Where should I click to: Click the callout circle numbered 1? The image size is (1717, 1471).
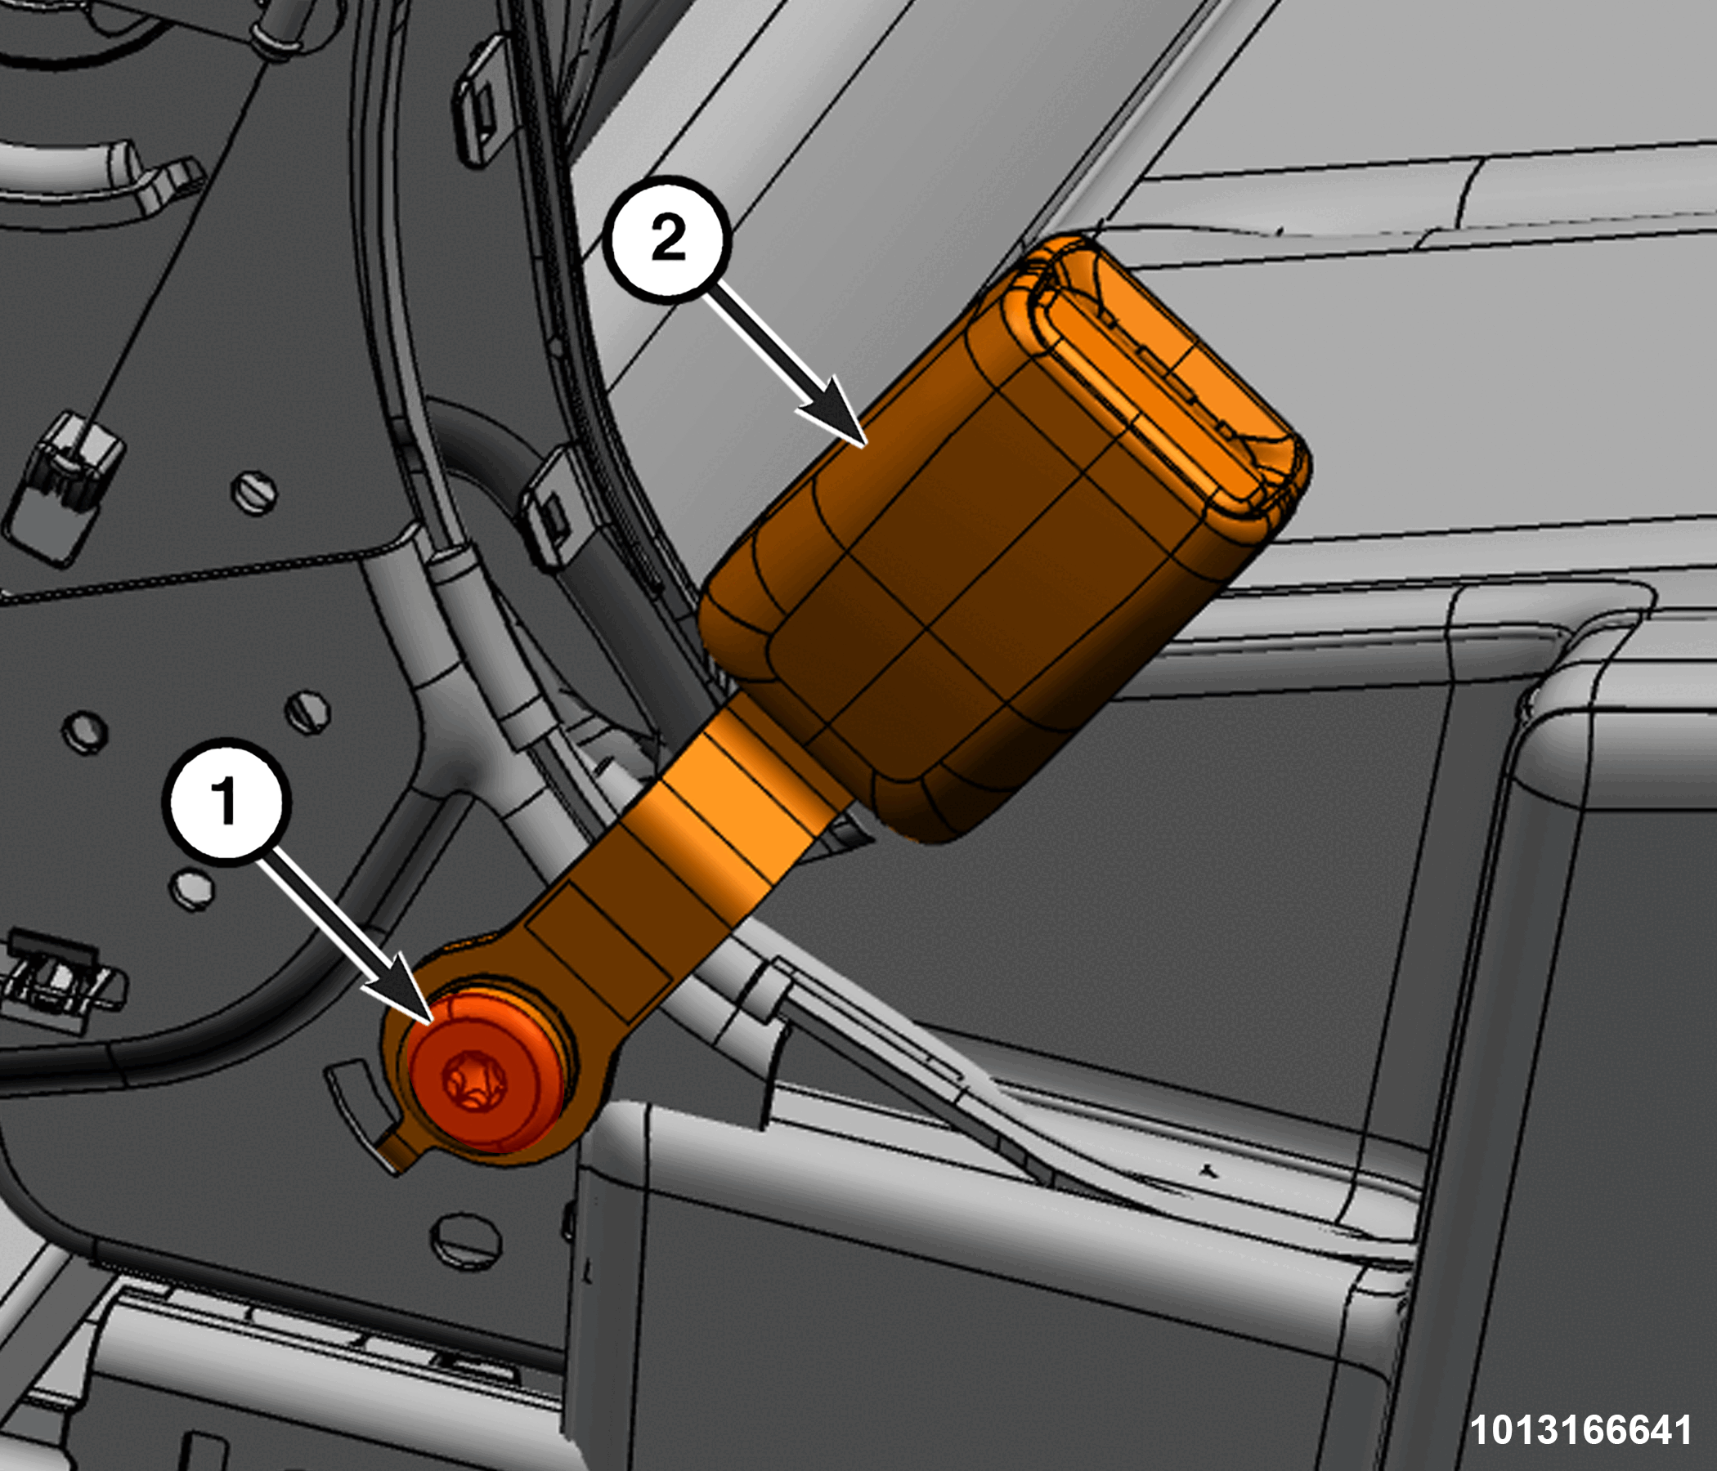pos(226,803)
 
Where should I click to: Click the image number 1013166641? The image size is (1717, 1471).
pos(1580,1429)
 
